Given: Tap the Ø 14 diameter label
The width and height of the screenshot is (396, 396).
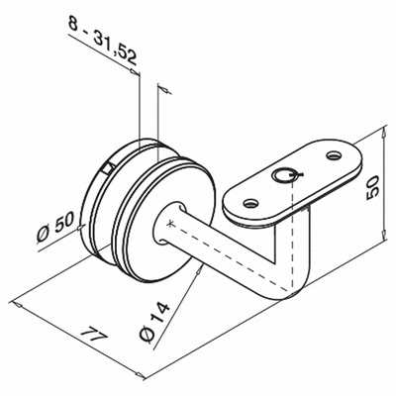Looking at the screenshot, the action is point(154,322).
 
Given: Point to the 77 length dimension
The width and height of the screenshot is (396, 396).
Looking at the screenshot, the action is point(94,336).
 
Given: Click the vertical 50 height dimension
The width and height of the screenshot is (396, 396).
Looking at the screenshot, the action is point(373,187).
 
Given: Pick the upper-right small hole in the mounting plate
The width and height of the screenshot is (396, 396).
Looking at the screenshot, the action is point(334,154).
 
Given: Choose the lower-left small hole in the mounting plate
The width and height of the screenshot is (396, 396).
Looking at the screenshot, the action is point(250,204).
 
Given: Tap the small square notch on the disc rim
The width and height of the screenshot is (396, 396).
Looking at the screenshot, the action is point(107,168).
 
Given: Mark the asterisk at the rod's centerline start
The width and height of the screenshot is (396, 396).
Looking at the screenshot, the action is point(170,224).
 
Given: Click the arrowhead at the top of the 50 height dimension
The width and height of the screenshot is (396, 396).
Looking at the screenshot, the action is point(383,133).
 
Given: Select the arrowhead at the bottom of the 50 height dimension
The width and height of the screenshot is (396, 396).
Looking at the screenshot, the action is point(383,235).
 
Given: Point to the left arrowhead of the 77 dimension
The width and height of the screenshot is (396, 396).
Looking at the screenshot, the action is point(17,304).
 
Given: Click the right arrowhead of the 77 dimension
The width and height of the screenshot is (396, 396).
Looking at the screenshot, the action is point(140,375).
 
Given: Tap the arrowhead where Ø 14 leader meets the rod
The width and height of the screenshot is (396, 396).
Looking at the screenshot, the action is point(198,271).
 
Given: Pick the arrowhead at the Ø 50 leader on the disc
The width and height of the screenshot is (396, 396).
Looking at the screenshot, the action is point(81,227).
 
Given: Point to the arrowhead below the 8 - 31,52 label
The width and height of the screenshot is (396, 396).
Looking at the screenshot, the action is point(134,71).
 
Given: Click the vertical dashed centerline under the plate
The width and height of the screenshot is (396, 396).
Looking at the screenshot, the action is point(292,235).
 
